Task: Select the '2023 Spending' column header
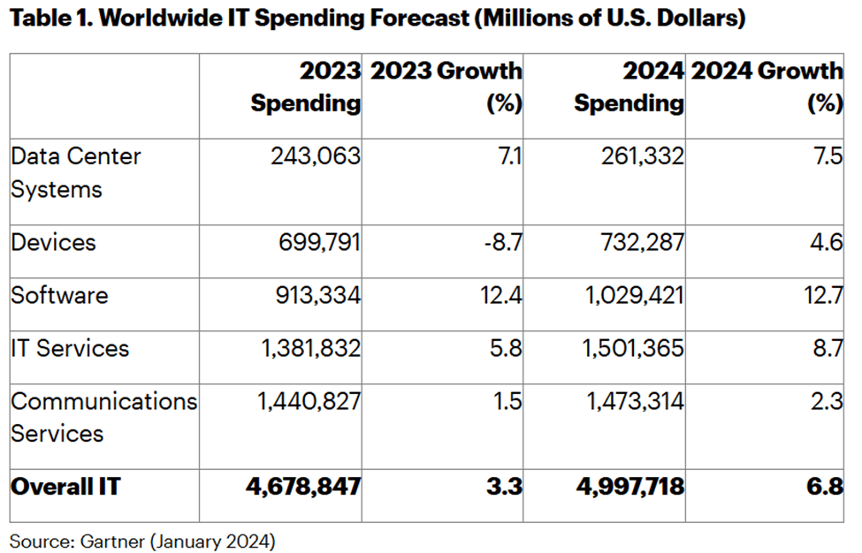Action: click(306, 87)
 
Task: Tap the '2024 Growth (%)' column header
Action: click(767, 87)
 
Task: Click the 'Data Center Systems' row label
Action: click(76, 173)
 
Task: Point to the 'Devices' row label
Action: click(53, 242)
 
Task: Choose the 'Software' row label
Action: click(59, 295)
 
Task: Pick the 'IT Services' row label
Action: click(70, 348)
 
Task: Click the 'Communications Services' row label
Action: click(103, 417)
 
